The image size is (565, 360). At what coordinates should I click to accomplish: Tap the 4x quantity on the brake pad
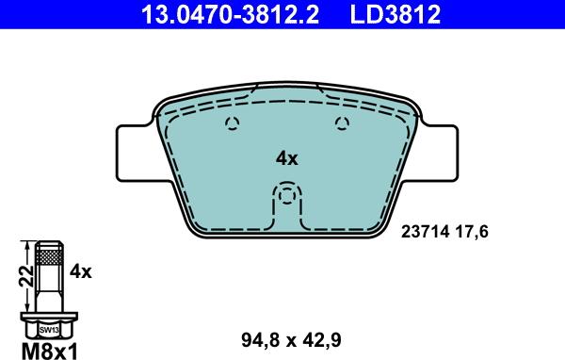(286, 159)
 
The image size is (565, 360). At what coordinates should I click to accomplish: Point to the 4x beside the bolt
(81, 271)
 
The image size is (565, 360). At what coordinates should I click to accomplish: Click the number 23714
(426, 229)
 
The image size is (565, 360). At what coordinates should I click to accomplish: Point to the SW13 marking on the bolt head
(47, 329)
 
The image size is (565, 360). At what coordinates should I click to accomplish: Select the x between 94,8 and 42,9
(295, 337)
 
